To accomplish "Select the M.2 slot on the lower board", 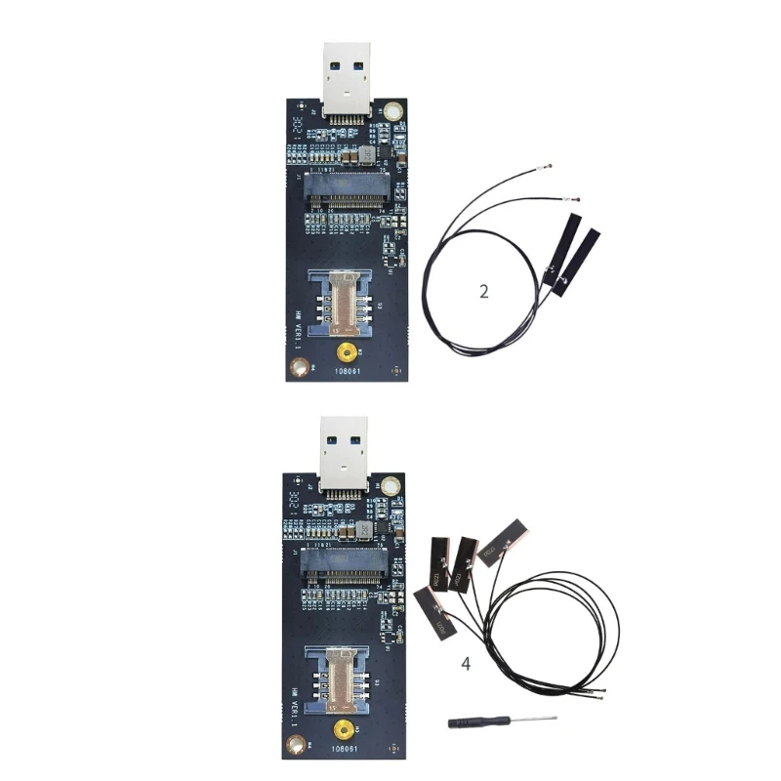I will pos(343,567).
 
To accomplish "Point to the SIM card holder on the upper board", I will pos(344,298).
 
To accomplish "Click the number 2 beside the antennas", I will pos(485,292).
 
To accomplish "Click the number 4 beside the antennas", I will pos(466,665).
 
